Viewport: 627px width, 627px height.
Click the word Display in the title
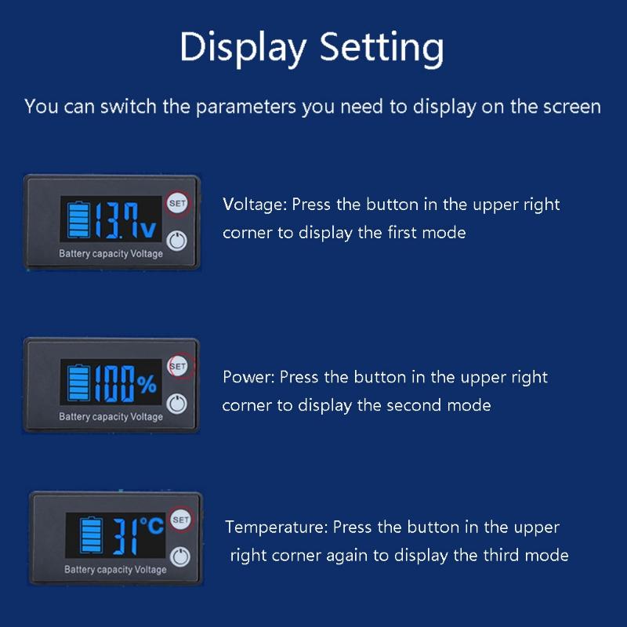[x=242, y=48]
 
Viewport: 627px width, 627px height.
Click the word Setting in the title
[x=379, y=48]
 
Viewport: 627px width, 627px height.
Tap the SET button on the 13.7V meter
[x=177, y=203]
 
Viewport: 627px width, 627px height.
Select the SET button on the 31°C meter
[x=180, y=520]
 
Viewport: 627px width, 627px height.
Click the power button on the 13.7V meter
[x=179, y=240]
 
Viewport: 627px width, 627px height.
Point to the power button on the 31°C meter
[x=181, y=556]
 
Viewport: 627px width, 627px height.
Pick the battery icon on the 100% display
[x=78, y=383]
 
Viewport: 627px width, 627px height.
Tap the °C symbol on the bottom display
[x=151, y=526]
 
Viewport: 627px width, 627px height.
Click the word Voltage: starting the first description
[x=256, y=205]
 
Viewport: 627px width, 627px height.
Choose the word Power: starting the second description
[x=248, y=377]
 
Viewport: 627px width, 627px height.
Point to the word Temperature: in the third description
[x=277, y=527]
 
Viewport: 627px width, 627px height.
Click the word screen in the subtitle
[x=571, y=107]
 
